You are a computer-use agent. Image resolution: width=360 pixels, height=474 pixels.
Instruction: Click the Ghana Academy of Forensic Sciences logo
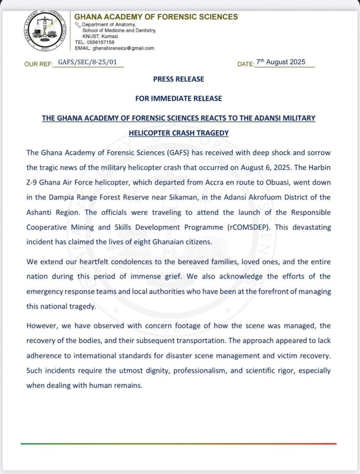(45, 31)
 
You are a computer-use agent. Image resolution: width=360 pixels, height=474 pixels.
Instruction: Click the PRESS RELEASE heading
(178, 79)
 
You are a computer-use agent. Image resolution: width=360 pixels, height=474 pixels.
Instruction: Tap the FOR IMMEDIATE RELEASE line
(178, 98)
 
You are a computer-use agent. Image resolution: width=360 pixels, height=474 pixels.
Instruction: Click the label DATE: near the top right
(246, 64)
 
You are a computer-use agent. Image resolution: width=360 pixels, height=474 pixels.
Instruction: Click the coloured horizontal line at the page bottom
(178, 443)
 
